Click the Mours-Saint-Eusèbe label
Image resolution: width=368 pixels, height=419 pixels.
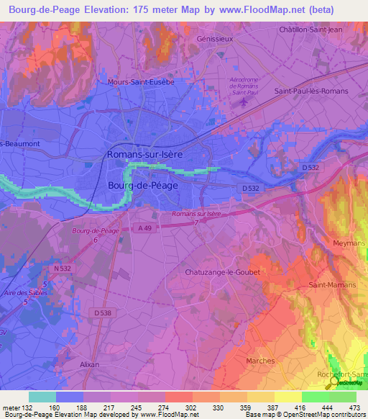[141, 82]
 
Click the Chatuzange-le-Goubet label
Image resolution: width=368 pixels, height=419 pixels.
[222, 272]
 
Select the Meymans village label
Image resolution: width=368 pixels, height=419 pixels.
[349, 243]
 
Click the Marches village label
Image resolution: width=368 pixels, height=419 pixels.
[259, 361]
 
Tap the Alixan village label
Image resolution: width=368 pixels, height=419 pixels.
[90, 364]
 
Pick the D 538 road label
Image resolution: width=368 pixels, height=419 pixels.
[104, 312]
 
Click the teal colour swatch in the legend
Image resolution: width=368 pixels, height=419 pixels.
[42, 397]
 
